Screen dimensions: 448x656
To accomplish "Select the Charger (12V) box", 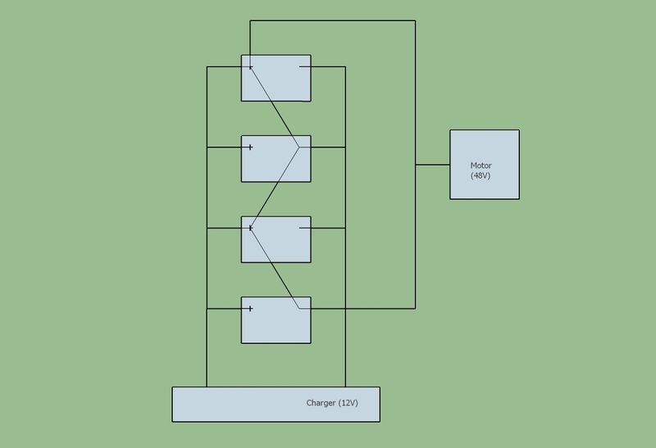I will coord(276,404).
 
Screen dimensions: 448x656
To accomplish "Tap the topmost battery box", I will coord(276,78).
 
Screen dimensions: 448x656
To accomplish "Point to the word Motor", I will coord(481,165).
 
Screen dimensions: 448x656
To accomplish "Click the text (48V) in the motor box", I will coord(481,175).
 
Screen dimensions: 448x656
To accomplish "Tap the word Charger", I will coord(321,403).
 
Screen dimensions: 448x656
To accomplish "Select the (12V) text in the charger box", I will coord(348,403).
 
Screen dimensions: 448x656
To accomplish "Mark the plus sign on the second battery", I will coord(250,147).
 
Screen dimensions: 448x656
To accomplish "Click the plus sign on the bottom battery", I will coord(250,309).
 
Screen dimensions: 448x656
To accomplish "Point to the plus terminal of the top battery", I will coord(250,67).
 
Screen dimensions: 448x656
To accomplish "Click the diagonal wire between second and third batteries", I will coord(276,188).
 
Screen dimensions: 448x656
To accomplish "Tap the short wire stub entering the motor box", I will coord(433,165).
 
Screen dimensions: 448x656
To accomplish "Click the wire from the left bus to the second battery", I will coord(224,147).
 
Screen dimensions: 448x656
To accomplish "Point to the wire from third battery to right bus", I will coord(328,229).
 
